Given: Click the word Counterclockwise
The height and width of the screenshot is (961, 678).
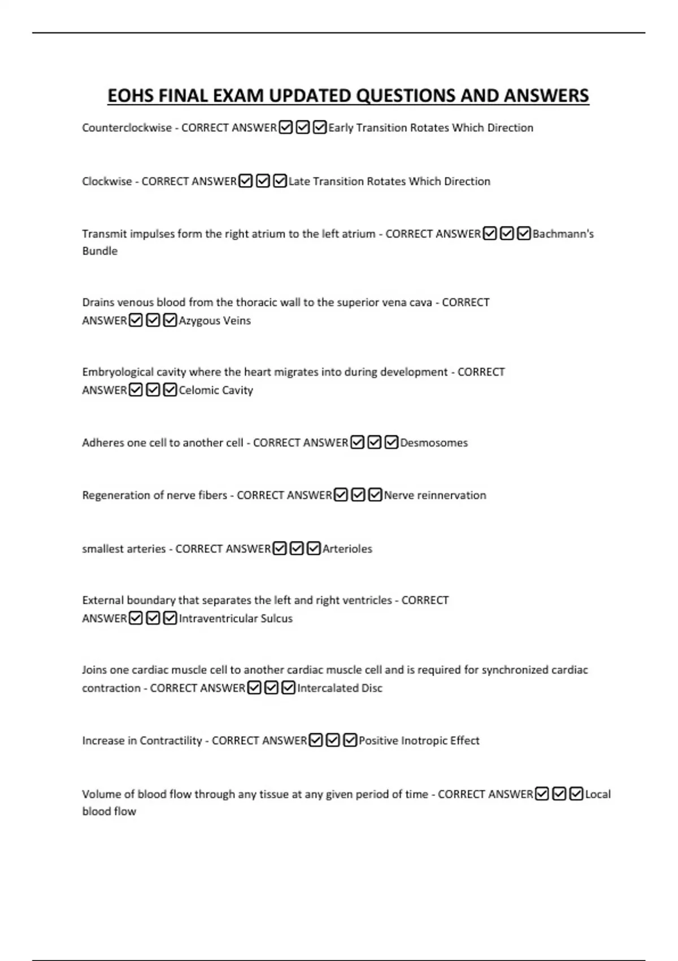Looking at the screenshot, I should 127,128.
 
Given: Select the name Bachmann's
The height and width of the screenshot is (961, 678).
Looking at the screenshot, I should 563,234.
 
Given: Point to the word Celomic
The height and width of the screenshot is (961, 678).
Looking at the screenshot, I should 198,390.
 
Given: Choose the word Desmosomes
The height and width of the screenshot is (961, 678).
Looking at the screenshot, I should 434,443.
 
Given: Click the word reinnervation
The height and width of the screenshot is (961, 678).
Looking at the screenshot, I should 451,495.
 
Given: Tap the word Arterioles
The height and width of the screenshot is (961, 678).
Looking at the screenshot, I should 347,549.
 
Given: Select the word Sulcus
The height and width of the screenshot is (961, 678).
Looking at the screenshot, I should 277,618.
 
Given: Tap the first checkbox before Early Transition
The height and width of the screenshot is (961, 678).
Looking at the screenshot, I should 286,128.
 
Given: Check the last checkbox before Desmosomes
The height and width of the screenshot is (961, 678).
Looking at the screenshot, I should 391,443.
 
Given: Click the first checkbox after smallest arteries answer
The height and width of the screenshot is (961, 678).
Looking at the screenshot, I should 280,549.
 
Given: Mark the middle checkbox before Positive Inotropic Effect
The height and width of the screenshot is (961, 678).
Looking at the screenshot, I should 333,741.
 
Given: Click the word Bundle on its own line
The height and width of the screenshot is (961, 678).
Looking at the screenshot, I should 99,251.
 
